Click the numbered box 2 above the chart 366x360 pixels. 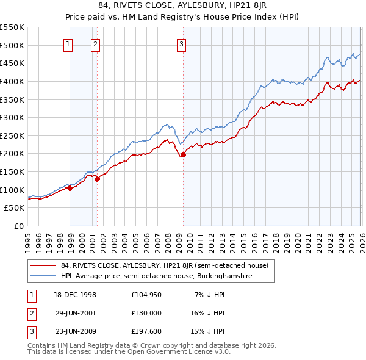[x=96, y=43]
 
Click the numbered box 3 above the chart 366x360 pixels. [x=182, y=43]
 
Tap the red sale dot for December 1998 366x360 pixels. [x=70, y=188]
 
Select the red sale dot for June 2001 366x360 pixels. [x=97, y=179]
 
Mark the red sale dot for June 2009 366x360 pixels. [x=183, y=154]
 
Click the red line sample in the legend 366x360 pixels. [x=43, y=265]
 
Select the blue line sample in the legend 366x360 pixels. [x=43, y=276]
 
